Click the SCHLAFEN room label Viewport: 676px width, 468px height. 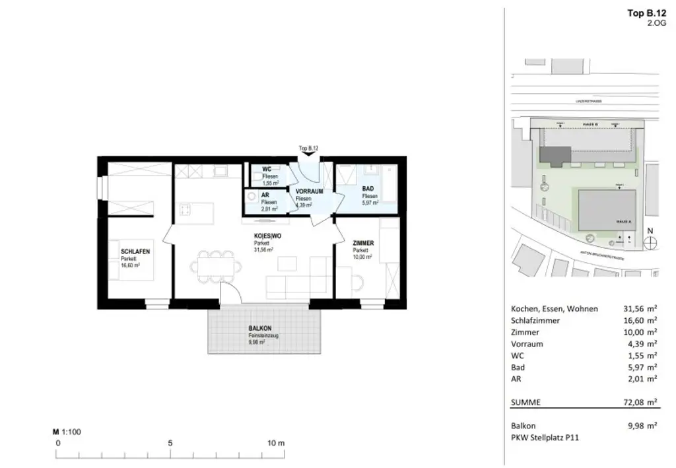click(x=135, y=252)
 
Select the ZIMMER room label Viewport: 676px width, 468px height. click(x=363, y=243)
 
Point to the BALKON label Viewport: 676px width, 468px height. click(x=260, y=328)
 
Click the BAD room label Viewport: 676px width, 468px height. click(x=368, y=189)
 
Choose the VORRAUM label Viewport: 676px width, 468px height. click(x=309, y=191)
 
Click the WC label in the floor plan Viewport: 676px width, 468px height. click(x=267, y=170)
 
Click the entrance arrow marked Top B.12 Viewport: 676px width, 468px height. click(x=308, y=154)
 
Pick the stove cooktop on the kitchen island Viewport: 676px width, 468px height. click(x=186, y=211)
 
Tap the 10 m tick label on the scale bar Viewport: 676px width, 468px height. click(x=276, y=443)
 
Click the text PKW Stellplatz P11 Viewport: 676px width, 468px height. click(x=545, y=436)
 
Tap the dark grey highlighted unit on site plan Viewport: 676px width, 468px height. click(x=553, y=155)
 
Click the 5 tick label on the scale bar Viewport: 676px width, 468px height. click(x=170, y=443)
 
